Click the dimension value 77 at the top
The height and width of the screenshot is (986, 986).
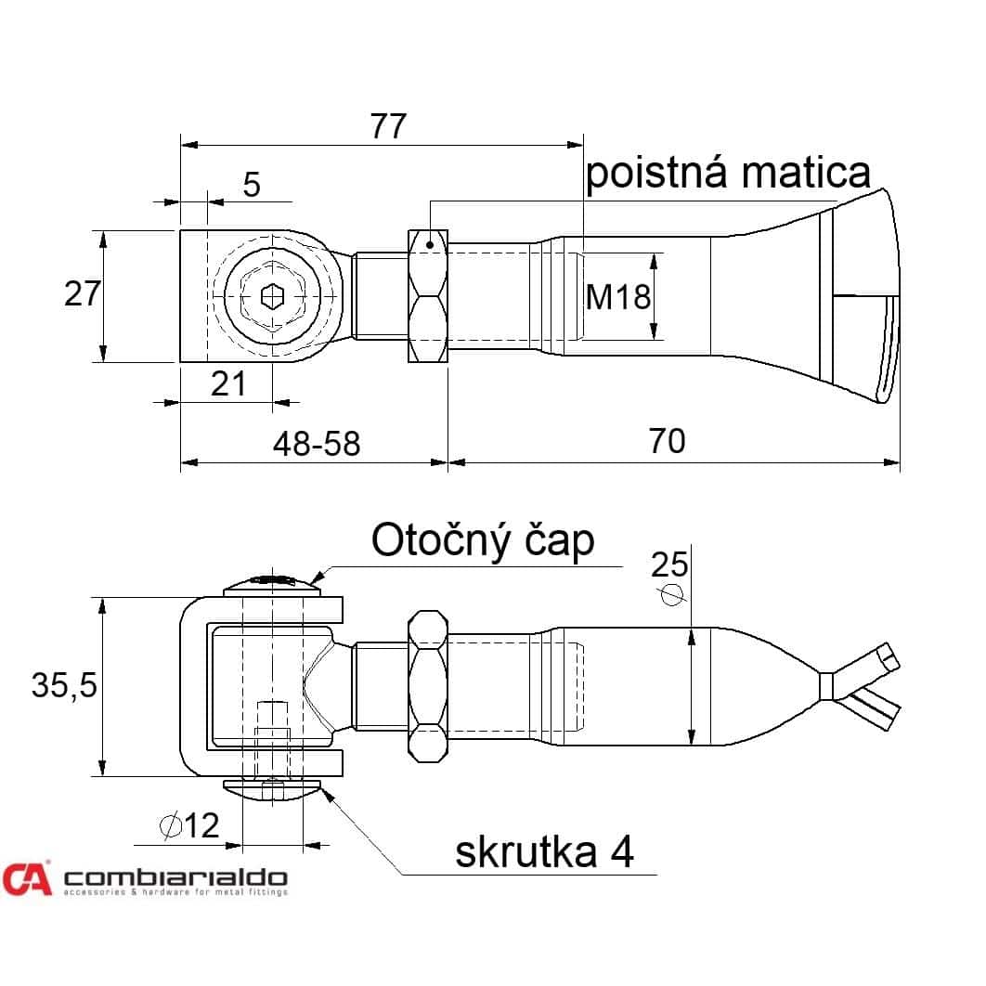point(388,126)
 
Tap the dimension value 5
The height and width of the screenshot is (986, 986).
point(252,185)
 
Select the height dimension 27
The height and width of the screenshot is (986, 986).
point(83,293)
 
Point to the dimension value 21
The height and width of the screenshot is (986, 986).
point(228,383)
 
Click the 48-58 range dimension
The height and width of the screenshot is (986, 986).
point(317,444)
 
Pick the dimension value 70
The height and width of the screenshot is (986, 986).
point(667,441)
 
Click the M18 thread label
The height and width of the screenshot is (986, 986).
point(617,297)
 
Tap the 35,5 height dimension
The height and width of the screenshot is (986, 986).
point(64,685)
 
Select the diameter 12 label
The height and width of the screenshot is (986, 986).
point(190,825)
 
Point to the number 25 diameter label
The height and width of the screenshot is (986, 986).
point(669,564)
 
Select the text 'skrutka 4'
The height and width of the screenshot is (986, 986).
point(545,852)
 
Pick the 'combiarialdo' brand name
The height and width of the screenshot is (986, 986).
point(176,878)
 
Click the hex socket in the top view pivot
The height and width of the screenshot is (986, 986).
point(272,295)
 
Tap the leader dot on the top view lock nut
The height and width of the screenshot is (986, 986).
point(430,244)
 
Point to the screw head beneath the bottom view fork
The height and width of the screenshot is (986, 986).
point(272,790)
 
